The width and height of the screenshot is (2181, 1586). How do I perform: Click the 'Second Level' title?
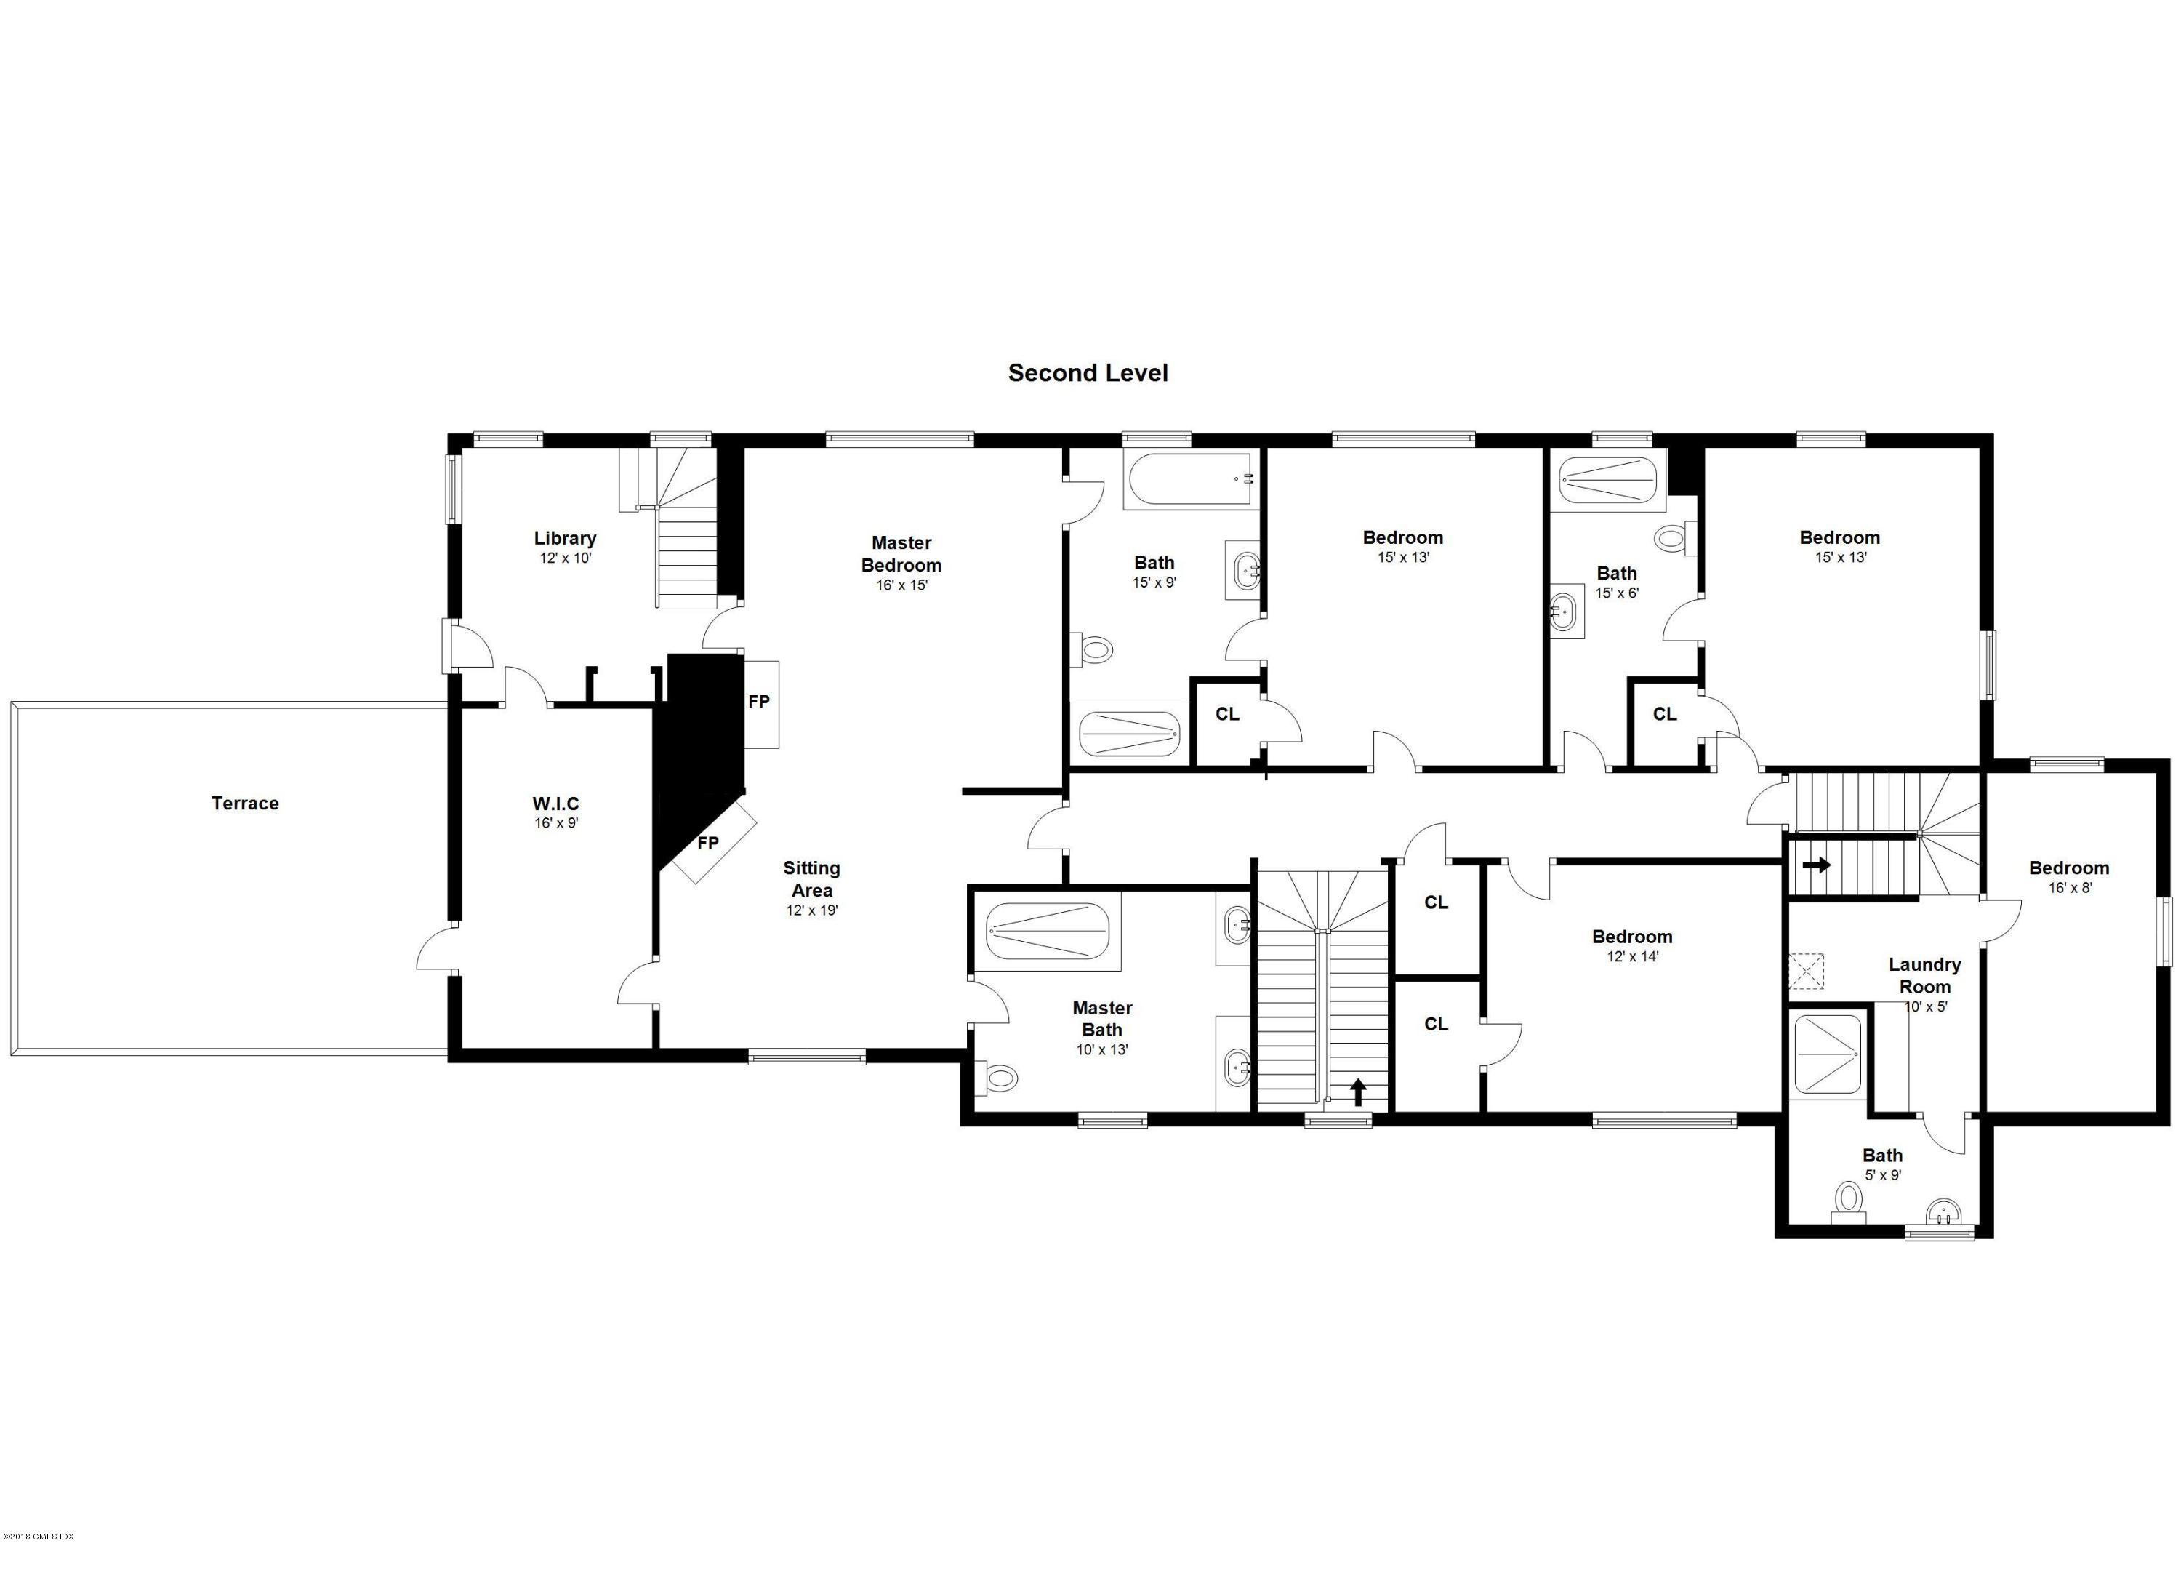coord(1088,373)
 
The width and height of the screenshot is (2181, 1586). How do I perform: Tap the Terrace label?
coord(245,803)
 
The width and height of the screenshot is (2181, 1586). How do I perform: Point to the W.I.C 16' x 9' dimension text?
coord(556,823)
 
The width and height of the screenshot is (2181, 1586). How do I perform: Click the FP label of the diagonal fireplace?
coord(708,844)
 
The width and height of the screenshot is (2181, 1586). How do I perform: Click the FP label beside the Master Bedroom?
coord(759,702)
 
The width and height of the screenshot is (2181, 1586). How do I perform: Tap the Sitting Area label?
coord(811,878)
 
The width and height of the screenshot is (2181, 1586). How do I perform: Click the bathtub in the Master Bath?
coord(1047,931)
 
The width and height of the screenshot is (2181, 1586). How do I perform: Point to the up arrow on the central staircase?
coord(1358,1092)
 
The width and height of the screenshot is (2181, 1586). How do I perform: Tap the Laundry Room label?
coord(1924,974)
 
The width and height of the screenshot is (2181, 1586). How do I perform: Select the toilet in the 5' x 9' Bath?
coord(1847,1201)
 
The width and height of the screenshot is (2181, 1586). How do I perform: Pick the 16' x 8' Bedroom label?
coord(2068,868)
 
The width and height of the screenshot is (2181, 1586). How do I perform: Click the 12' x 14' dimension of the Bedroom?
coord(1632,957)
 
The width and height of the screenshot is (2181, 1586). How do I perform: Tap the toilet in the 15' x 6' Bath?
coord(1674,540)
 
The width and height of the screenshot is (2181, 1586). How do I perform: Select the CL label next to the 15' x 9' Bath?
coord(1227,713)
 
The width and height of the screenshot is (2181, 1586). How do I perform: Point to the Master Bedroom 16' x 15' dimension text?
coord(901,585)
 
